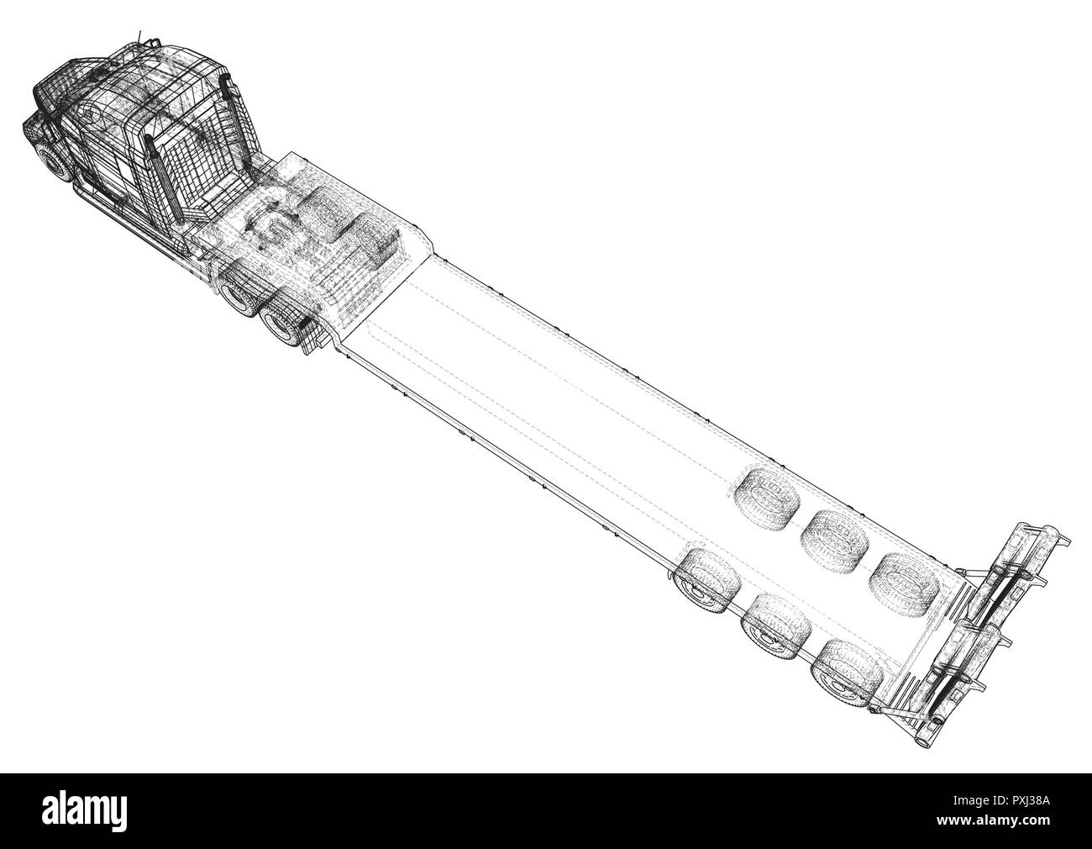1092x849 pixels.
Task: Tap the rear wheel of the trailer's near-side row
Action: click(848, 675)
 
